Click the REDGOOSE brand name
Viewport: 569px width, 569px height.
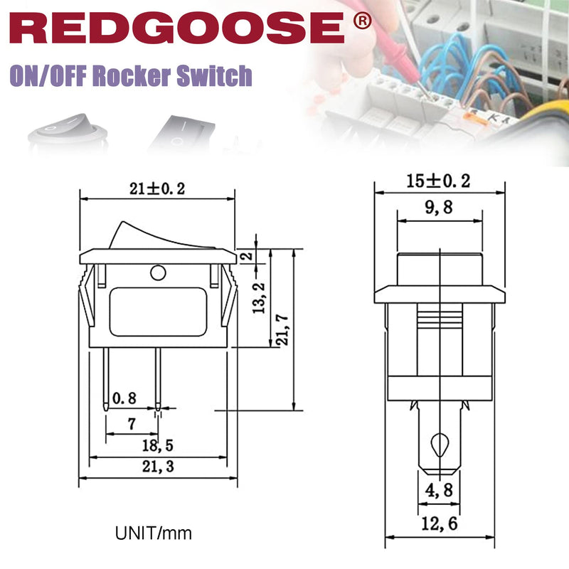[176, 28]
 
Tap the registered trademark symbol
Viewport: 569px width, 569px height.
[362, 21]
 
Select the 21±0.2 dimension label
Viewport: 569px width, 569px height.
[157, 188]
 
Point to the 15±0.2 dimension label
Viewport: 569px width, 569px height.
[438, 181]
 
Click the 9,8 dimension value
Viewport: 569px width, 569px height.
[439, 207]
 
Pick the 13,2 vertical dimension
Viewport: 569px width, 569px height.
[259, 298]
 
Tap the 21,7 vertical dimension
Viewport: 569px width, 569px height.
[282, 330]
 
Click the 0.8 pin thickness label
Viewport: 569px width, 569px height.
[124, 398]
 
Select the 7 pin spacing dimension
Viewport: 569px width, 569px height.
[132, 423]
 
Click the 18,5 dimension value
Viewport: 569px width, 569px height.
[157, 445]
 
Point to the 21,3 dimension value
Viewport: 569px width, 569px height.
[158, 467]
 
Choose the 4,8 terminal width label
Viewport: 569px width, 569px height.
[439, 490]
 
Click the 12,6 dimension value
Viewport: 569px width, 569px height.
[440, 523]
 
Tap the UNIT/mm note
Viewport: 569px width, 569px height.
[153, 533]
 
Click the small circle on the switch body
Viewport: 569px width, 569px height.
[158, 273]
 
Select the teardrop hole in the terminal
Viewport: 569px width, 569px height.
[440, 445]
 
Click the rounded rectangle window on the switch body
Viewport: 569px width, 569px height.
[158, 312]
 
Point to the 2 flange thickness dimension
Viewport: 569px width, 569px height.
[247, 255]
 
